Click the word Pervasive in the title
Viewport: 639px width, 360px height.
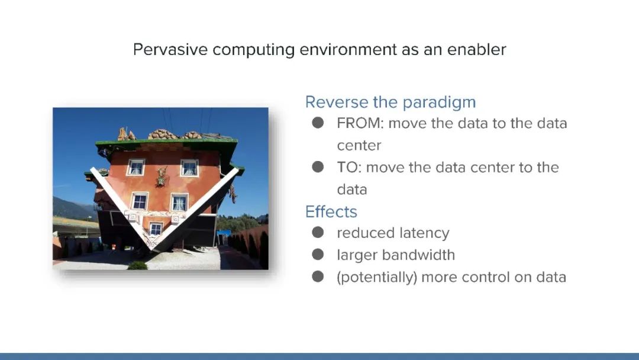[x=170, y=50]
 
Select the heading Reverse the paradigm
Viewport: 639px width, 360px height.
[x=390, y=102]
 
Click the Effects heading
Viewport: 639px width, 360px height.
[x=331, y=212]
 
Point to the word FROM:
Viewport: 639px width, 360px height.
[x=360, y=124]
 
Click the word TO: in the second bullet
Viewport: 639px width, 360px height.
[x=349, y=168]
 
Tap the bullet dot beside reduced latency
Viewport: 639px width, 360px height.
[x=318, y=232]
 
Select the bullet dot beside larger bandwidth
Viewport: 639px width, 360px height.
[x=318, y=255]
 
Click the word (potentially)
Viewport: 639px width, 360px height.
[x=377, y=278]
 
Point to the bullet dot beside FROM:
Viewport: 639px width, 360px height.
[x=318, y=123]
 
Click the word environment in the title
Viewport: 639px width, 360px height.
[x=348, y=50]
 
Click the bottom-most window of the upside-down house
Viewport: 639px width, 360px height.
[x=155, y=229]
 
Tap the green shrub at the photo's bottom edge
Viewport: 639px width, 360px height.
[x=138, y=265]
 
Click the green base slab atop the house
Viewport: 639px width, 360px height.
[x=167, y=143]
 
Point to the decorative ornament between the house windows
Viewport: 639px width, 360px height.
[x=162, y=176]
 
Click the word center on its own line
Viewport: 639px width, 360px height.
[x=359, y=146]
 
